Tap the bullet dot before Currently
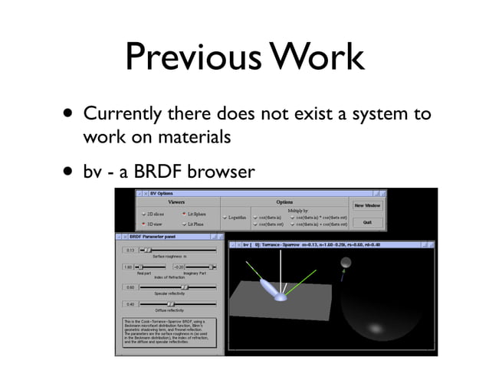point(71,116)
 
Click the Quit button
point(366,221)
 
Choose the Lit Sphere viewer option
point(193,214)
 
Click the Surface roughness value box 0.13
point(130,250)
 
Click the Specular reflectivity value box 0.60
point(130,287)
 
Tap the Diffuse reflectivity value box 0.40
point(130,304)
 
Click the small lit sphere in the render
point(346,264)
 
